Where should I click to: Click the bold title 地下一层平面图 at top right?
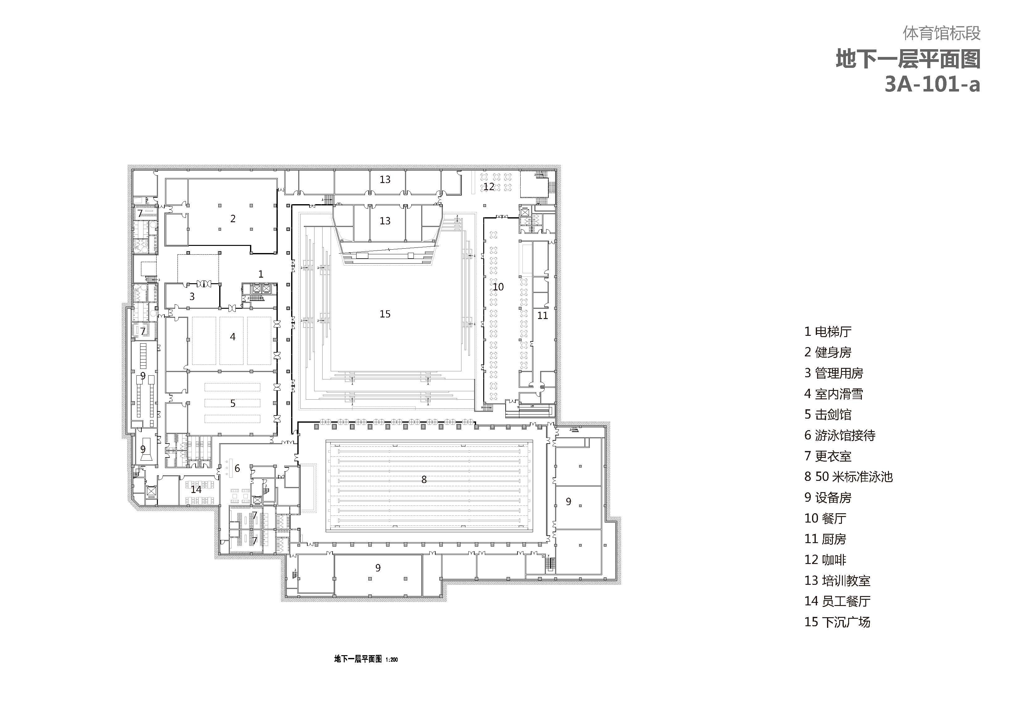[x=908, y=59]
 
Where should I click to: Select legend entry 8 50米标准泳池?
[x=848, y=477]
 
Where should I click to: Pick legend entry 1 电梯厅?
[x=828, y=331]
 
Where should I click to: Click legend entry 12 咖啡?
[x=825, y=560]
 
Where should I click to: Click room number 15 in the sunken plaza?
[x=385, y=314]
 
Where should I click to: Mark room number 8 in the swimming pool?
[x=424, y=480]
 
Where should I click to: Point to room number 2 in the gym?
[x=233, y=218]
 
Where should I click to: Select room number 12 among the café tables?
[x=489, y=186]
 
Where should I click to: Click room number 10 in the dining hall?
[x=498, y=287]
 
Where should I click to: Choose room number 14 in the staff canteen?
[x=196, y=489]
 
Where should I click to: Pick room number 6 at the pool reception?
[x=237, y=468]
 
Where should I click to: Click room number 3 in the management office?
[x=192, y=297]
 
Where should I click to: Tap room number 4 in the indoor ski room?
[x=232, y=336]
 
